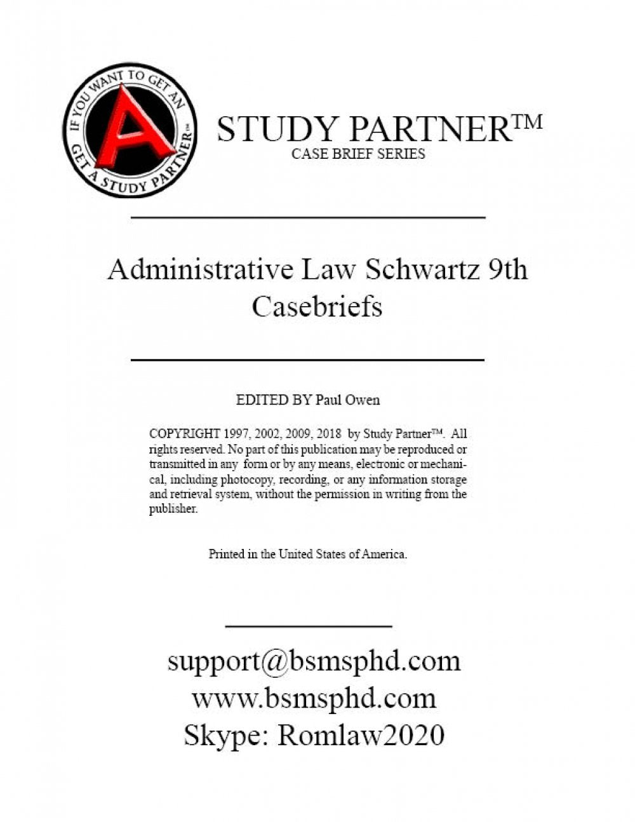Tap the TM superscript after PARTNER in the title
(525, 120)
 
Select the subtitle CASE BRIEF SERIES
(358, 154)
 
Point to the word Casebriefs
(317, 306)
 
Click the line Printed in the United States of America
(308, 554)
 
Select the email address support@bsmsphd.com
(314, 661)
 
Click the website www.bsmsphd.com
(314, 698)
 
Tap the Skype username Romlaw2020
(361, 736)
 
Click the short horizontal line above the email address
(309, 626)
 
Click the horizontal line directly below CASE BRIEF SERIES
(308, 218)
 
